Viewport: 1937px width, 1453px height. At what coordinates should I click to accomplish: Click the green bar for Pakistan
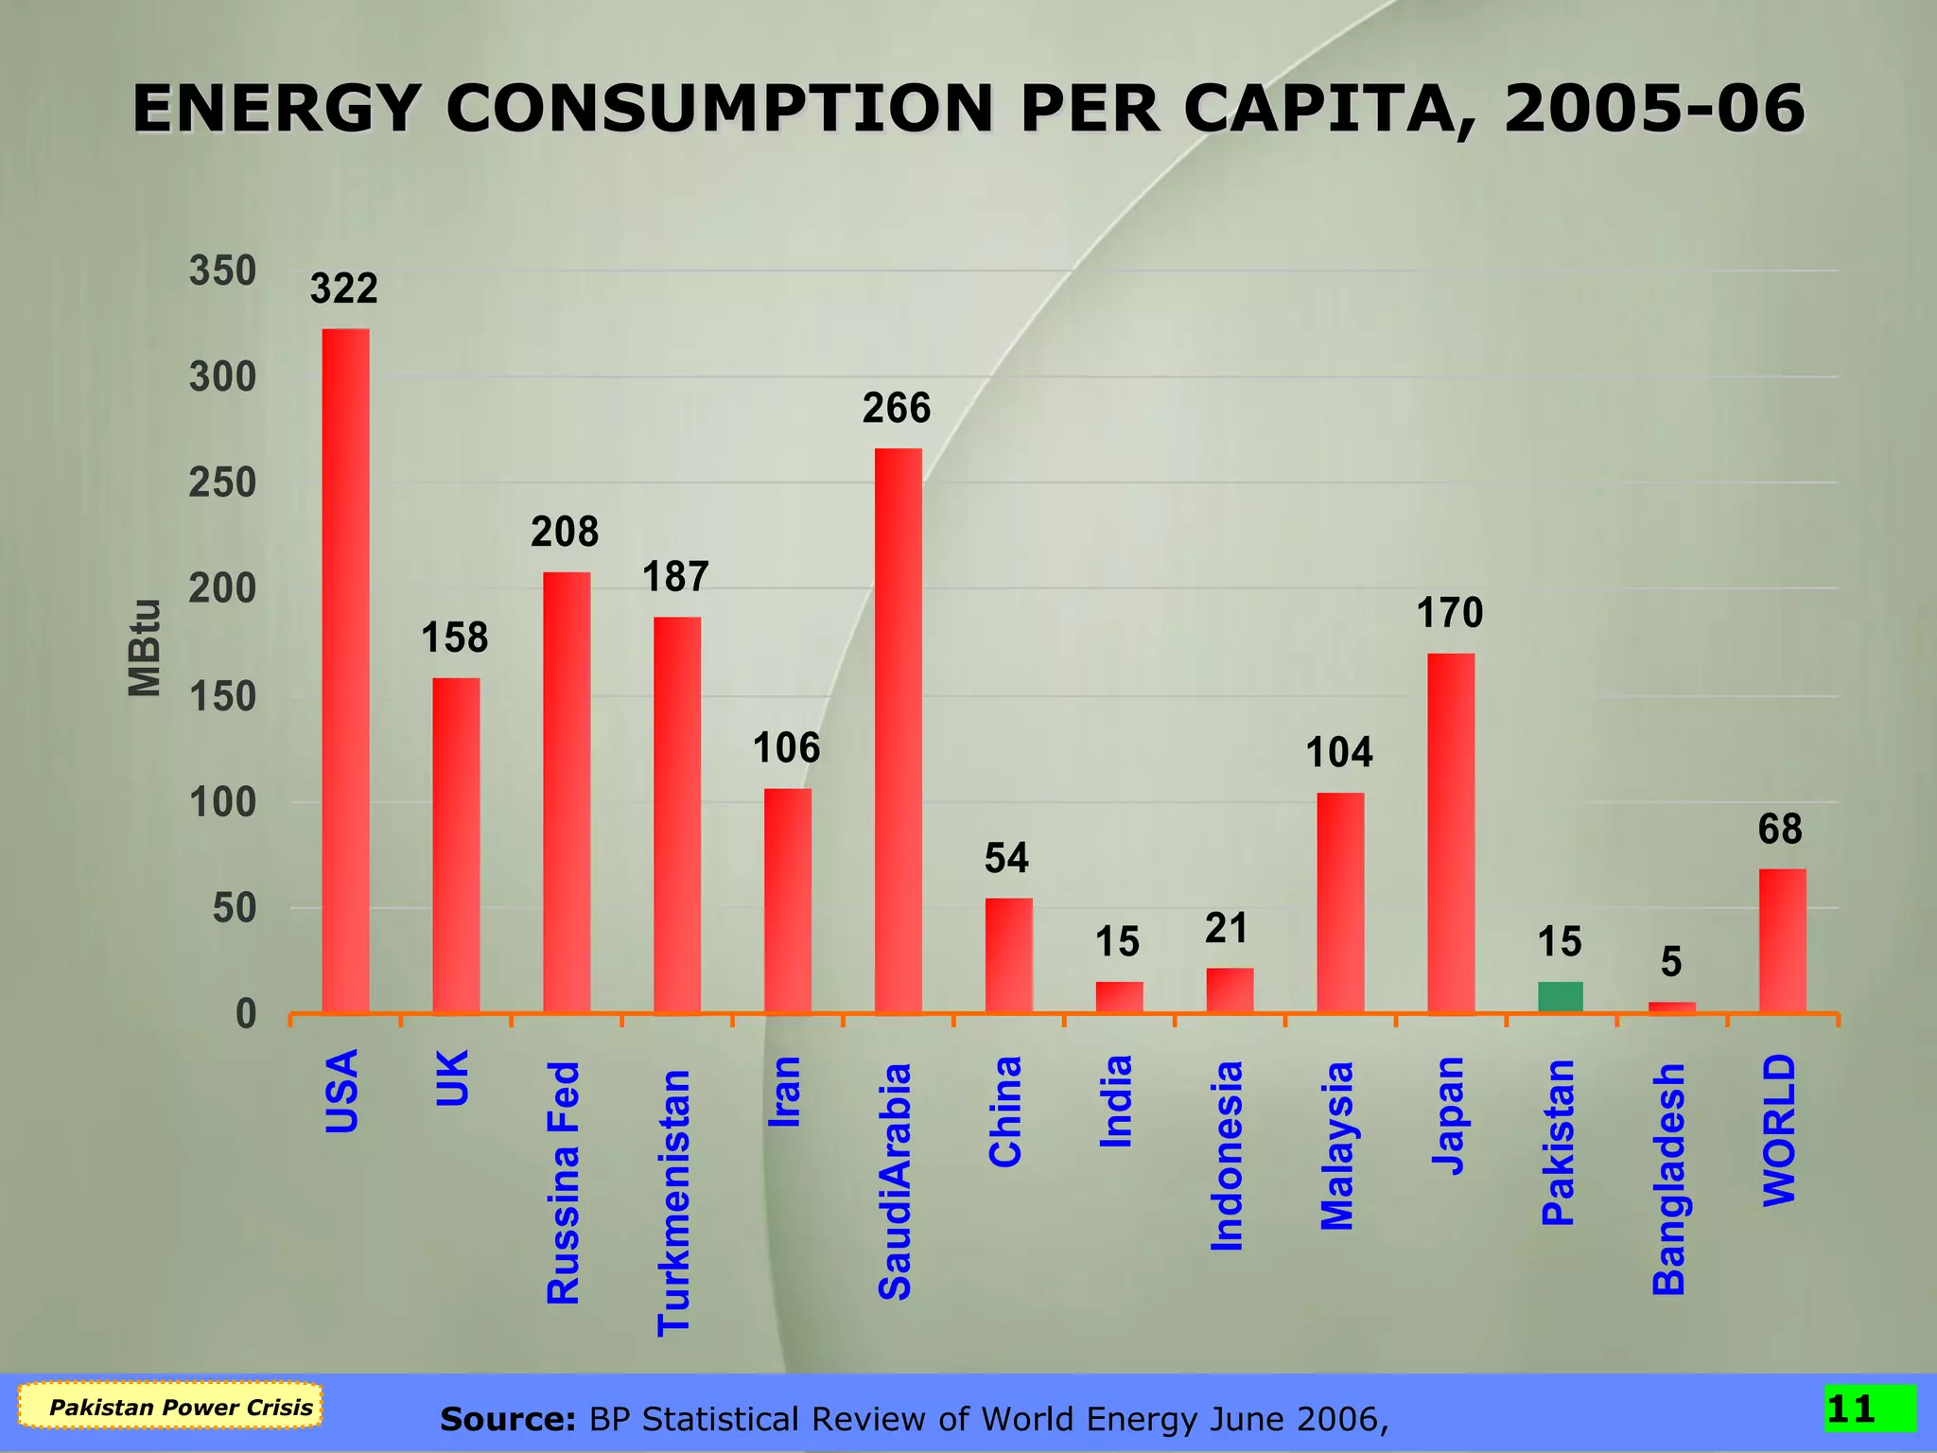pos(1560,997)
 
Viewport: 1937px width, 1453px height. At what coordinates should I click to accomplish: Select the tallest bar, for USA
pos(345,672)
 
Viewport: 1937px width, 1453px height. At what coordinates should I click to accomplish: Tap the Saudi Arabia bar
pos(898,730)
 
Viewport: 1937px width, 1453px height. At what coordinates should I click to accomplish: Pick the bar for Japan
pos(1450,832)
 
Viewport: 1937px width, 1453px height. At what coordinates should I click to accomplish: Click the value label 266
pos(897,409)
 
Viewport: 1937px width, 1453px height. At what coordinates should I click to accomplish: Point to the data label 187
pos(675,577)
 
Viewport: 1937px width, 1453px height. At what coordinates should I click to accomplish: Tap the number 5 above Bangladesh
pos(1671,962)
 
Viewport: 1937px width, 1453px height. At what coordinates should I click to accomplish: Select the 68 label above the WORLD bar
pos(1780,830)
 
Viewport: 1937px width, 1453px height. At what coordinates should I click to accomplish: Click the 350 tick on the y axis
pos(222,271)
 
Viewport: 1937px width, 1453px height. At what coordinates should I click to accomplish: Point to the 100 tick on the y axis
pos(222,803)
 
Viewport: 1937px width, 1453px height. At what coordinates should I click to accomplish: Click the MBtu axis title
pos(145,649)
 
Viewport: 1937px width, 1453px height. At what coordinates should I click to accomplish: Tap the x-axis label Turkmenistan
pos(674,1201)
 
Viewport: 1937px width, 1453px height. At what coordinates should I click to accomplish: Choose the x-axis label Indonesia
pos(1228,1156)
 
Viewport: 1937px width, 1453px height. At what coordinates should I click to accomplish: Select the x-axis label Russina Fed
pos(564,1182)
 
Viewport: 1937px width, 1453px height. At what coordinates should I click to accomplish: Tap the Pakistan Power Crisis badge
pos(180,1407)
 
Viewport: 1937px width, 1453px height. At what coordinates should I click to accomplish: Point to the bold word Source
pos(508,1419)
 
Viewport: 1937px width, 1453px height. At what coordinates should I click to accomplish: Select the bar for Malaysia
pos(1339,902)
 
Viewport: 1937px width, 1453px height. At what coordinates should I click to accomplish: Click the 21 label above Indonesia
pos(1227,928)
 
